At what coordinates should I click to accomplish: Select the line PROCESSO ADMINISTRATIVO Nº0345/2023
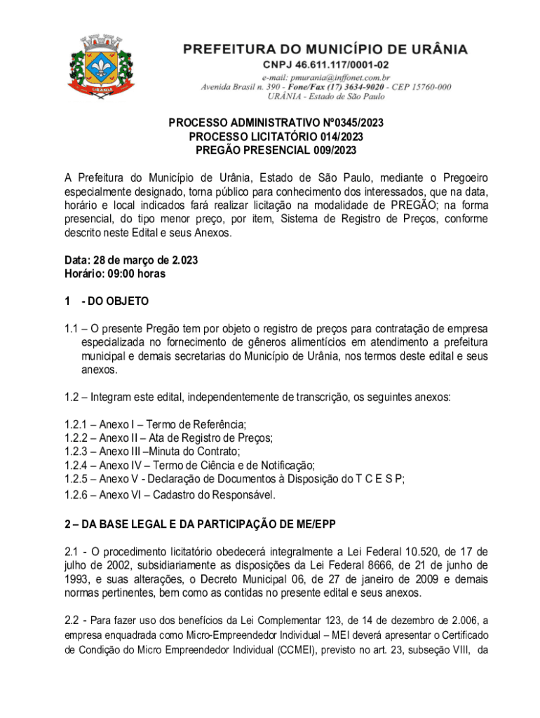click(276, 123)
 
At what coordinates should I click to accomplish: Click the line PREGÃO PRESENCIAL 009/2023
click(276, 150)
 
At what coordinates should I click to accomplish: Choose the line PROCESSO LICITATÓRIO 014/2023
click(276, 137)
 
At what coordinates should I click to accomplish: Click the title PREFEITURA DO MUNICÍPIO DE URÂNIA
click(326, 50)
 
